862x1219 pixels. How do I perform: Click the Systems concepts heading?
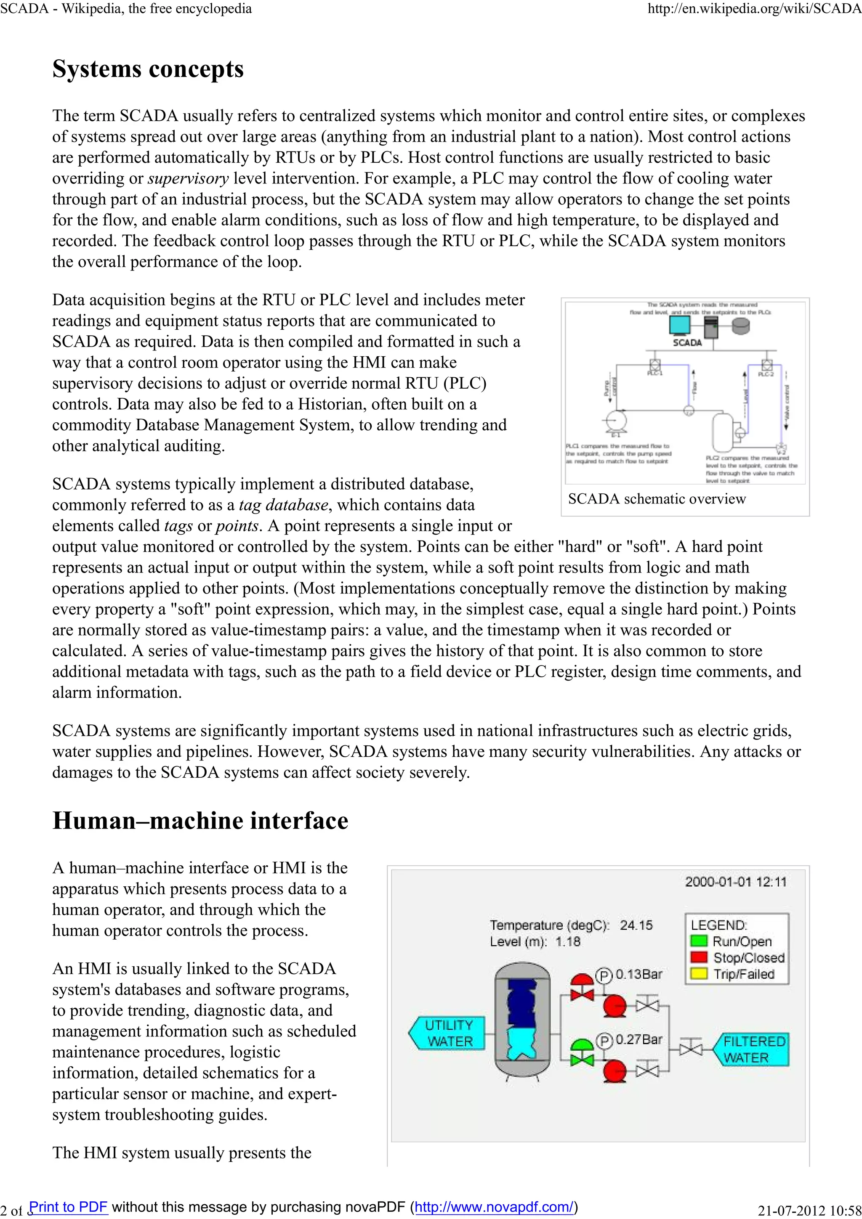(148, 69)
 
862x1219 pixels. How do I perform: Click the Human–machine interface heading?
(200, 820)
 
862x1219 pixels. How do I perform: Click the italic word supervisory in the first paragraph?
(188, 178)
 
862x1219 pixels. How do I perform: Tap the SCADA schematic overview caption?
(657, 498)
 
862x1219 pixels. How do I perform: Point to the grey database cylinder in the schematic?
(740, 326)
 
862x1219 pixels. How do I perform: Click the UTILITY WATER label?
(449, 1033)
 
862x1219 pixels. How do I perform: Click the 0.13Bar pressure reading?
(639, 974)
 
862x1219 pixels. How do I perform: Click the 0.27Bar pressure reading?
(639, 1039)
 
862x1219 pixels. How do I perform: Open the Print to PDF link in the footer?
(69, 1206)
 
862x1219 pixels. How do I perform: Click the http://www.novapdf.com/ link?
(494, 1206)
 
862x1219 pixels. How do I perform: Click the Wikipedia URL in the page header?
(754, 8)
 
